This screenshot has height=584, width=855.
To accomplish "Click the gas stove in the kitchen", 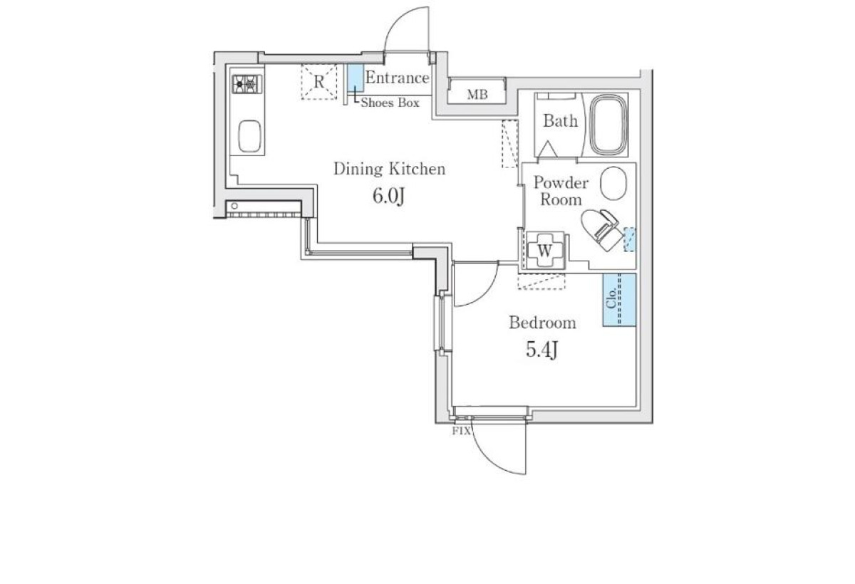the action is point(247,84).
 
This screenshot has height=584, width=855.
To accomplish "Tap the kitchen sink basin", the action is point(249,136).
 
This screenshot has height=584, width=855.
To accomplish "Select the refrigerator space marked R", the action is point(319,82).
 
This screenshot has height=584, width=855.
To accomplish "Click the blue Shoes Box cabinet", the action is point(356,78).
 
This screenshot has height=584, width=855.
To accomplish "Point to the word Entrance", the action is point(397,78).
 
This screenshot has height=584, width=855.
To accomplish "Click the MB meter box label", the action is point(477,94).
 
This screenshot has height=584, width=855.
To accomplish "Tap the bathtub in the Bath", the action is point(608,125).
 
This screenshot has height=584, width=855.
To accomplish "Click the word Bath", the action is point(560,121).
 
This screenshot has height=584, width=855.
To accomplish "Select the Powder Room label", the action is point(561,191).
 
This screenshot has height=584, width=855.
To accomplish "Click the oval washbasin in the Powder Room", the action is point(613,183).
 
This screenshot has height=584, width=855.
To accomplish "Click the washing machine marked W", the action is point(544,250).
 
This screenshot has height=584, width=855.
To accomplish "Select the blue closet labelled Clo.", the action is point(619,300).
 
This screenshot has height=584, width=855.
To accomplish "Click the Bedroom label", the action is point(542,323).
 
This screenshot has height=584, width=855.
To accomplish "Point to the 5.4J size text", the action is point(541,349).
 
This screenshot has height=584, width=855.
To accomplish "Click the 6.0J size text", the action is point(388,196).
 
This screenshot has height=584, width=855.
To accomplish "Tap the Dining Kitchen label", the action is point(389,169).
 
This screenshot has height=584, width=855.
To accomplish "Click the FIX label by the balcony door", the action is point(461,431).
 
